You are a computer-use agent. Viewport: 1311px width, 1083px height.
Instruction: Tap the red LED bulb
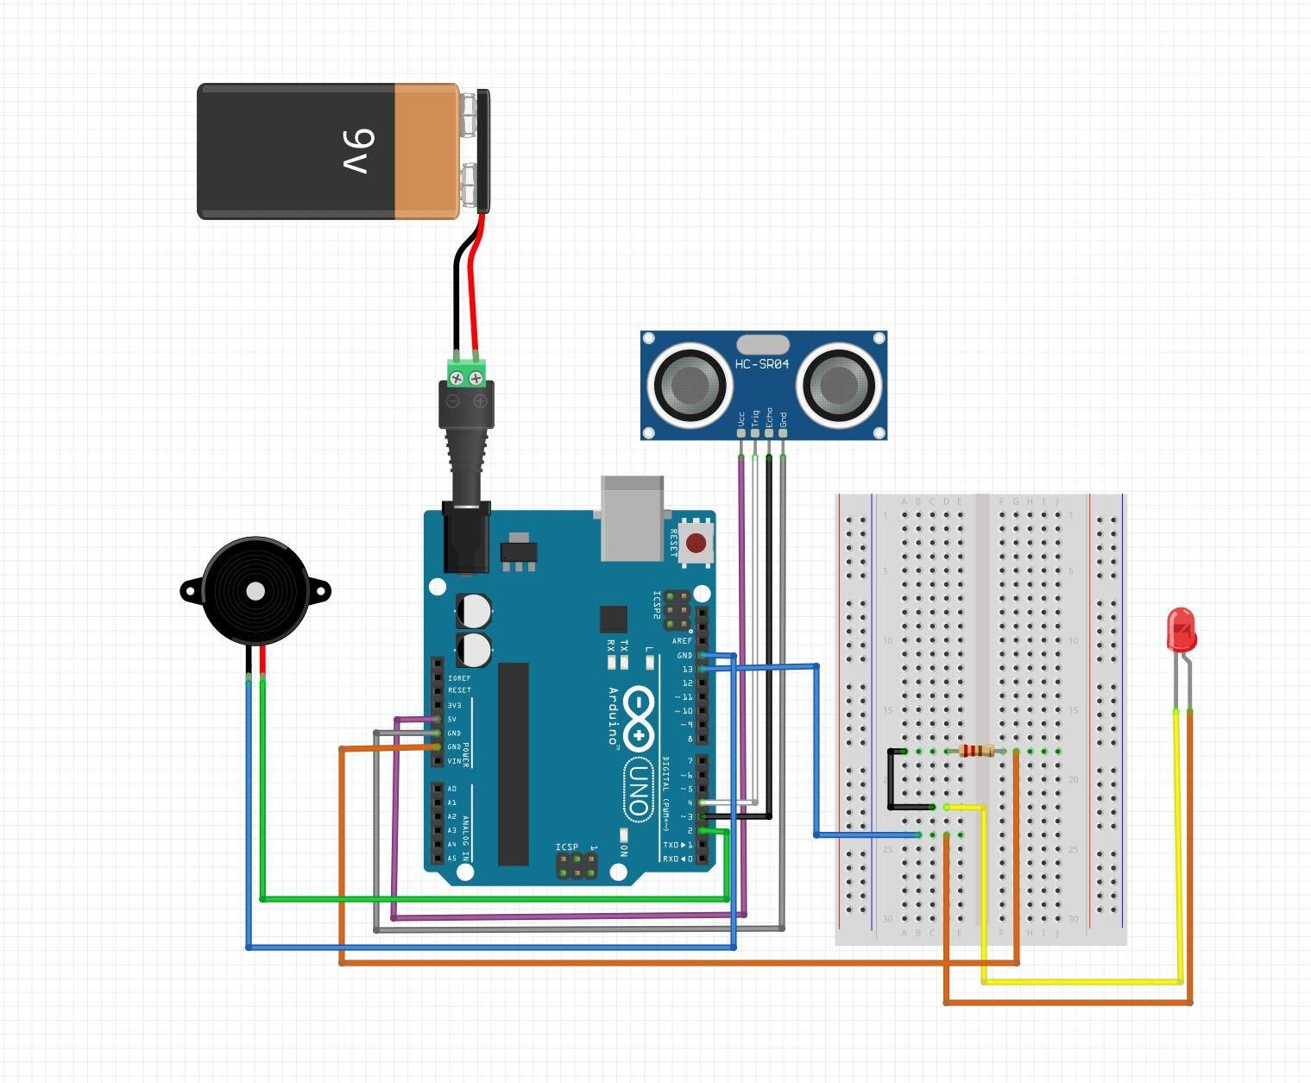(1181, 629)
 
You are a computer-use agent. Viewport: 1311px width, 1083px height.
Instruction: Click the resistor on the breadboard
(976, 751)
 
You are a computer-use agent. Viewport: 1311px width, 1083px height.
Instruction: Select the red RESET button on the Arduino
(696, 544)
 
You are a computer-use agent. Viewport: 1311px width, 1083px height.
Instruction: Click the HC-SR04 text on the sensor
(762, 364)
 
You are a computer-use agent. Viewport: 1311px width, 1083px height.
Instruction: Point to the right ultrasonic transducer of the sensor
(838, 385)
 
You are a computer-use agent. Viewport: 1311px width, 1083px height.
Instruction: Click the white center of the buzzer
(255, 591)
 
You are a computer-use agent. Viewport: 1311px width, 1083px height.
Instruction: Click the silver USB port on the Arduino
(633, 518)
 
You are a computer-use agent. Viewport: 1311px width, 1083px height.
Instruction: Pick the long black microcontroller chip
(513, 763)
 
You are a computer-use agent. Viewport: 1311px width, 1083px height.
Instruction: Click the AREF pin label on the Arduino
(682, 640)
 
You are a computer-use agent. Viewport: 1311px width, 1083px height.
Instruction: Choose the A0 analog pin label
(452, 789)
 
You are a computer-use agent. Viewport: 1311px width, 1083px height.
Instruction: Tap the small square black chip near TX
(613, 619)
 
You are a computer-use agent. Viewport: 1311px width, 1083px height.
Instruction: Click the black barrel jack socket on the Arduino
(466, 538)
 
